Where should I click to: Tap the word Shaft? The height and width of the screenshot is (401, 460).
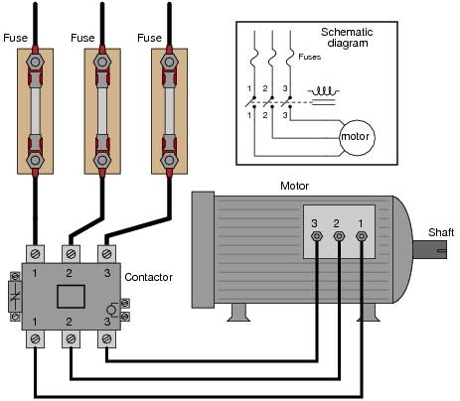pos(441,231)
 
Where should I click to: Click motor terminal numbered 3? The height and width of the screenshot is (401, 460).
pos(317,237)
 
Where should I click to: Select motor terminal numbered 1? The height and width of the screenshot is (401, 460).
pos(361,237)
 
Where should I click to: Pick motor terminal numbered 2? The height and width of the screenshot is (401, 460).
pos(339,237)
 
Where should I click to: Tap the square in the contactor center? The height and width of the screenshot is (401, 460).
pos(70,296)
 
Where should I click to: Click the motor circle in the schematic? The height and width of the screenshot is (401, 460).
pos(355,136)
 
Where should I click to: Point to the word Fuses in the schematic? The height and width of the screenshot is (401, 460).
pos(310,58)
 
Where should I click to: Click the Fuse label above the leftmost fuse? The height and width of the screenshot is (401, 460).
pos(16,38)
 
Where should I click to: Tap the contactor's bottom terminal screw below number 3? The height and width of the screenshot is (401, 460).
pos(104,339)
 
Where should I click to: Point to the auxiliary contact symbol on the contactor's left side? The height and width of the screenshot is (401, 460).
pos(13,296)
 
